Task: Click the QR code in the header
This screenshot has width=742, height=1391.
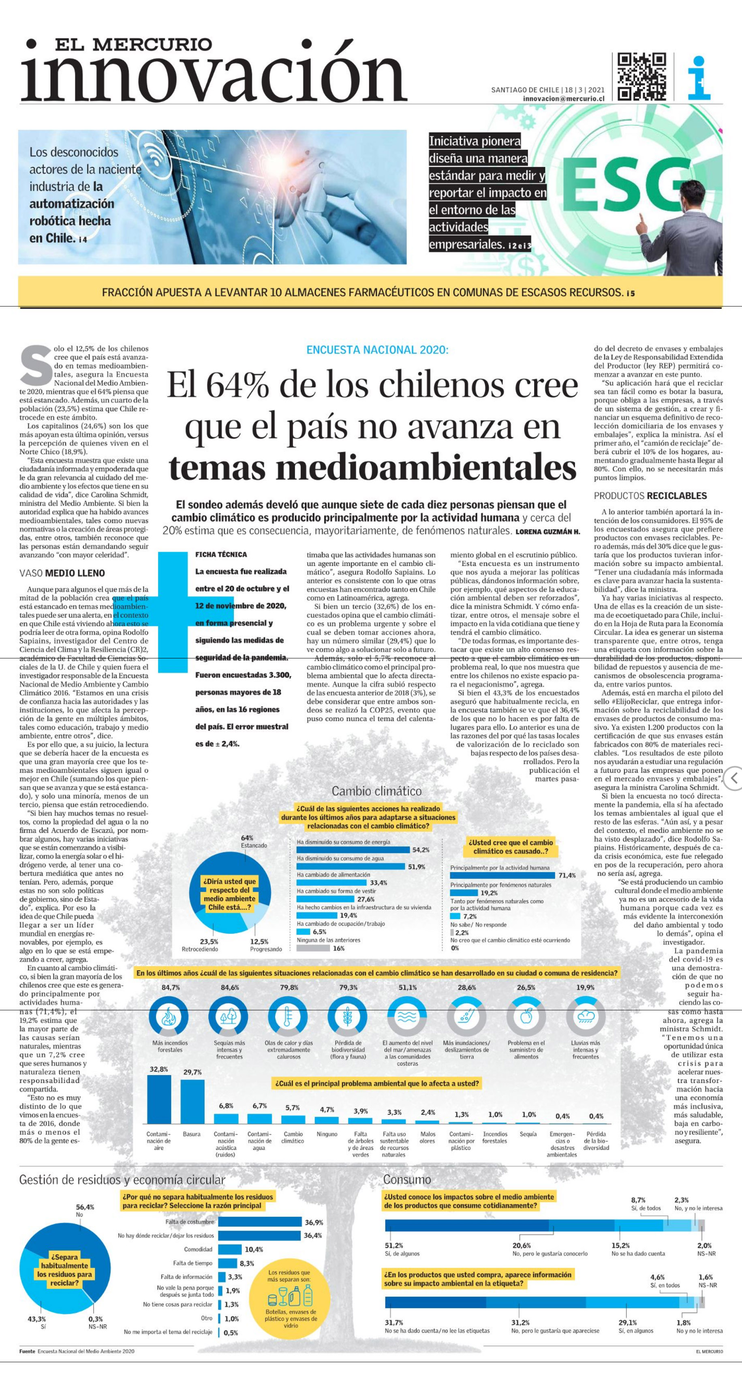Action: point(641,76)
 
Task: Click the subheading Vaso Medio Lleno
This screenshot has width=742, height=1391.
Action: point(62,573)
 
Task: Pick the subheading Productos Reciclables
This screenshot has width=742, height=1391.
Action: point(650,496)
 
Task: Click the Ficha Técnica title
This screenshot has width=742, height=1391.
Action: point(221,554)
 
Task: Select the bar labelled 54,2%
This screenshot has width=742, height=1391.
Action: point(353,850)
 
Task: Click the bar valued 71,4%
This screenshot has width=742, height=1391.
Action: point(502,875)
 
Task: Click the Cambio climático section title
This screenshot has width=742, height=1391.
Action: point(376,791)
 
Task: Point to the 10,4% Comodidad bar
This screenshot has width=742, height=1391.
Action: point(230,1250)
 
